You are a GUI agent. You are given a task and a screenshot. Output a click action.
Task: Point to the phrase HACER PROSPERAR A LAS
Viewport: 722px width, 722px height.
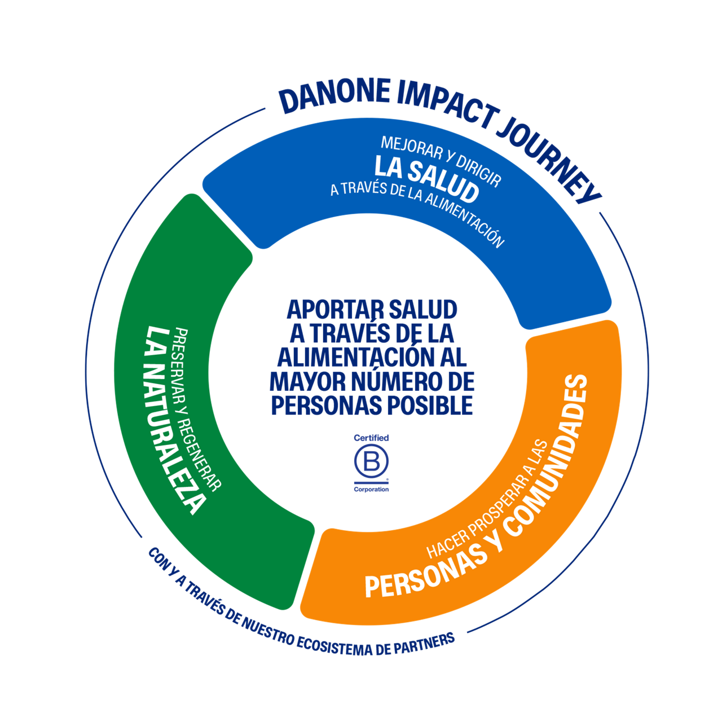point(487,502)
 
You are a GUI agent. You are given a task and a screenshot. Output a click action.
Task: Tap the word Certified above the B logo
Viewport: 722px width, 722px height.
point(371,438)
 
